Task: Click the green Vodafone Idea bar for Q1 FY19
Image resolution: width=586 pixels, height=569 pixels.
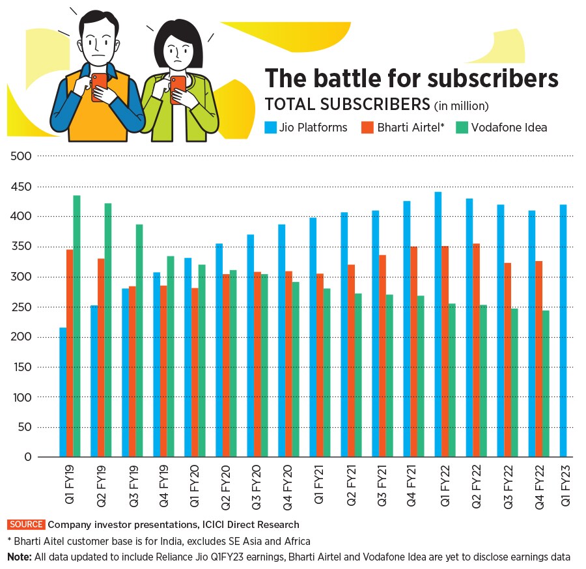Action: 77,326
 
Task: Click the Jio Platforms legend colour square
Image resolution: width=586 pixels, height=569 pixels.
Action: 270,127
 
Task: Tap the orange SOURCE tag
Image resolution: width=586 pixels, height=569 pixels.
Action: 26,524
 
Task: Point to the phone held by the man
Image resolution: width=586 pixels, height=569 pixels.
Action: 99,87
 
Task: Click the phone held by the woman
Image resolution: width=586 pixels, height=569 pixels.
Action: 177,90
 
